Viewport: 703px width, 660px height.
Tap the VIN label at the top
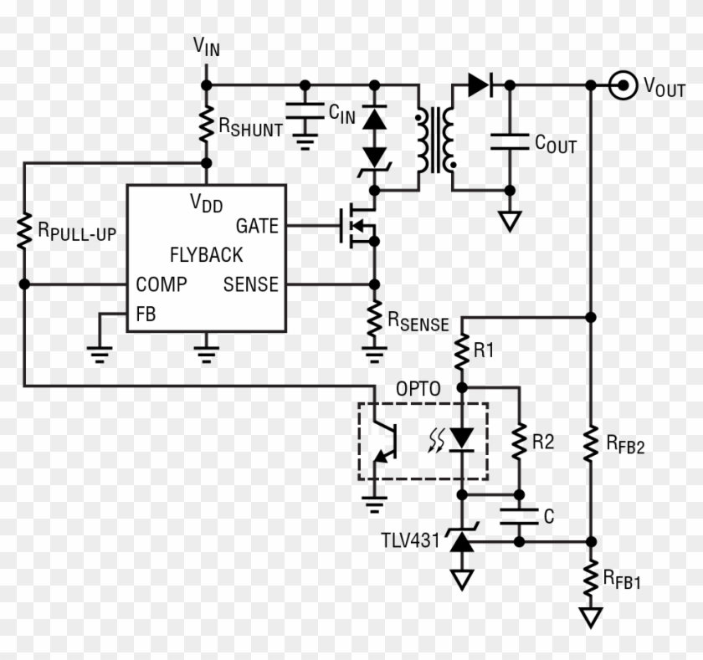click(x=207, y=47)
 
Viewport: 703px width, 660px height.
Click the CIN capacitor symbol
click(x=305, y=111)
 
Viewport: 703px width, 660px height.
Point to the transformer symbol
click(x=435, y=138)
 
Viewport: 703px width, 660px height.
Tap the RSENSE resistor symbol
click(x=374, y=319)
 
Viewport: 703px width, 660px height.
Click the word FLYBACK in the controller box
click(x=206, y=255)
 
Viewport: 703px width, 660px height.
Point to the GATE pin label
click(x=257, y=226)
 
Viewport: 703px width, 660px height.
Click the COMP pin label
click(x=162, y=284)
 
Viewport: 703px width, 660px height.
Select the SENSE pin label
click(x=250, y=284)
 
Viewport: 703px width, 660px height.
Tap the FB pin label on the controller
click(x=146, y=315)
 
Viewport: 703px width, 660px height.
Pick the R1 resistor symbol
click(x=461, y=351)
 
